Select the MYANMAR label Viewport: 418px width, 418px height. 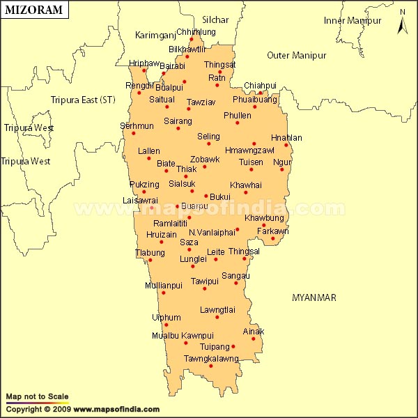pyautogui.click(x=313, y=297)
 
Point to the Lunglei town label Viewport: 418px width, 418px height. pyautogui.click(x=193, y=258)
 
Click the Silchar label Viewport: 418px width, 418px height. pyautogui.click(x=215, y=20)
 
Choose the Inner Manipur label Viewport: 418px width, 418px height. pyautogui.click(x=351, y=20)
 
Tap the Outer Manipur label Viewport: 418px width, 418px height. pyautogui.click(x=297, y=55)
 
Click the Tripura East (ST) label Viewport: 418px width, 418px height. pyautogui.click(x=83, y=100)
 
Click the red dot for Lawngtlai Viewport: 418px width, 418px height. pyautogui.click(x=217, y=317)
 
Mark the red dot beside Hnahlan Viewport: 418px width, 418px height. pyautogui.click(x=286, y=145)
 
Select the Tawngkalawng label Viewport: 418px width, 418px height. pyautogui.click(x=211, y=359)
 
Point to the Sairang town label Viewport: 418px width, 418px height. pyautogui.click(x=178, y=121)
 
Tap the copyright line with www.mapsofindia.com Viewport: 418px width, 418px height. pyautogui.click(x=82, y=410)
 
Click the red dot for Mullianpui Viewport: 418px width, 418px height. pyautogui.click(x=164, y=293)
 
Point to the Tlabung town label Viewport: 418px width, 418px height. pyautogui.click(x=150, y=252)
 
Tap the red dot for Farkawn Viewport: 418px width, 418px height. pyautogui.click(x=273, y=239)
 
